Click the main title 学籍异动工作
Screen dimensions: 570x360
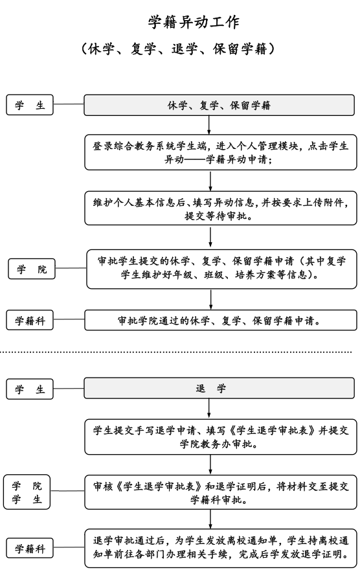(x=194, y=22)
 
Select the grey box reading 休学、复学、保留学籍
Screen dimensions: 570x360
(x=219, y=106)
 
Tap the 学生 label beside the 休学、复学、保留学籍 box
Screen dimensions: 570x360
(x=30, y=106)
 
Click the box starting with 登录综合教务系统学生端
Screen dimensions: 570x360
(x=220, y=152)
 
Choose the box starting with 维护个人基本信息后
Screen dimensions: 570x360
(x=220, y=208)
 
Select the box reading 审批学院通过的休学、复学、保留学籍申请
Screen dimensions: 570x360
(x=220, y=320)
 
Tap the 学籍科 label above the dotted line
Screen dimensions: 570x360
(x=30, y=320)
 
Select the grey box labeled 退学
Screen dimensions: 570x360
(x=219, y=389)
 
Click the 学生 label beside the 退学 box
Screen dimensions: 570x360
(x=30, y=389)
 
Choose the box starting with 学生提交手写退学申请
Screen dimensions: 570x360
(x=220, y=436)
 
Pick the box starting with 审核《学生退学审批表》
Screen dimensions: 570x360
(x=220, y=492)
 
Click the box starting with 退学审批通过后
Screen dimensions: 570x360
(x=220, y=548)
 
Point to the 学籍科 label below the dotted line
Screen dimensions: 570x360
(x=30, y=549)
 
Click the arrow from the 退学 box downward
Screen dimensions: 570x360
(x=208, y=408)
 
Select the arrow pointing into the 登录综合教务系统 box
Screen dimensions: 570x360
(x=208, y=124)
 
